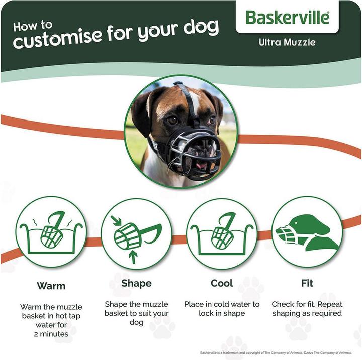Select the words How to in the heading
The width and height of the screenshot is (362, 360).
32,26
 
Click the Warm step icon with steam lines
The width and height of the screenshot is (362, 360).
51,231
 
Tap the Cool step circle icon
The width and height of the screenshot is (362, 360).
221,231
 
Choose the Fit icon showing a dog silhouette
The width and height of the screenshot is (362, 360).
307,231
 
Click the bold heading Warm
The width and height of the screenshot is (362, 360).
51,286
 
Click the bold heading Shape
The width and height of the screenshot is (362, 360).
136,284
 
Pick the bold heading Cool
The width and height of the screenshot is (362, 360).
222,283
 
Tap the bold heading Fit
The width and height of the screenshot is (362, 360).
307,283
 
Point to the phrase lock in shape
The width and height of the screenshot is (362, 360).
221,313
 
